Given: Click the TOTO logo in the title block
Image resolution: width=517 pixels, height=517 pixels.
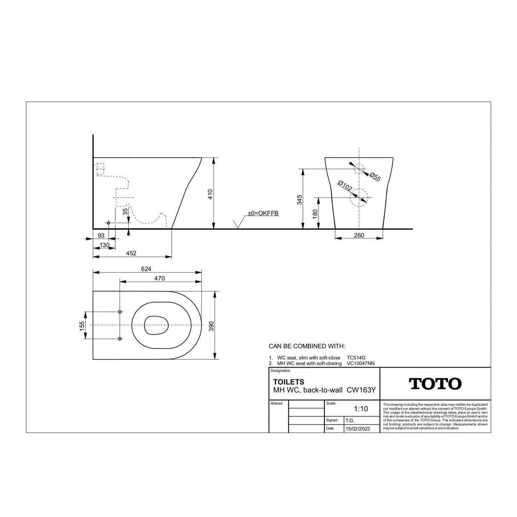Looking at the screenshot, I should [x=435, y=384].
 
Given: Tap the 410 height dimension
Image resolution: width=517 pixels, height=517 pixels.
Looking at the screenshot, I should [x=210, y=194].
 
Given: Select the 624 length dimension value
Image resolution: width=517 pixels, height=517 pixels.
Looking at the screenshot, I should [x=146, y=269].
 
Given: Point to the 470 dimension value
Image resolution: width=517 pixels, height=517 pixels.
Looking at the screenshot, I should [x=159, y=279].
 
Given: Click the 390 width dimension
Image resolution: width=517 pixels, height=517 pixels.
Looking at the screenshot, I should [x=211, y=326].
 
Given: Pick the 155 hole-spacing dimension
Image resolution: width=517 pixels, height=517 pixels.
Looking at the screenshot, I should [x=82, y=326].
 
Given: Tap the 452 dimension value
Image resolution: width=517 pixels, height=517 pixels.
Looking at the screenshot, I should [x=131, y=253].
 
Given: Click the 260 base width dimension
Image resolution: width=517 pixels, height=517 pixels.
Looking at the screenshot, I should [x=359, y=235].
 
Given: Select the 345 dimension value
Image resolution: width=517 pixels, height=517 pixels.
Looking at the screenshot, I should [x=299, y=199].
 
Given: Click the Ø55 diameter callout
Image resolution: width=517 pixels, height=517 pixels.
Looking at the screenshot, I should [x=375, y=177].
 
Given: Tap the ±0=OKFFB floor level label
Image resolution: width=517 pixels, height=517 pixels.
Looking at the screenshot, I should [x=263, y=213].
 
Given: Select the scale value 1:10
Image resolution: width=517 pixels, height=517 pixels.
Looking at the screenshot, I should [x=361, y=409].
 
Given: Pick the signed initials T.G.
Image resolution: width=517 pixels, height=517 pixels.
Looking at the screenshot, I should [x=350, y=420].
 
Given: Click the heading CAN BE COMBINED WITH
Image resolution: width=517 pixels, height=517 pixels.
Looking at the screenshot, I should [x=307, y=346].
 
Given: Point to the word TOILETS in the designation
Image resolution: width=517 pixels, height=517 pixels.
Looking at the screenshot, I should [x=288, y=382].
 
